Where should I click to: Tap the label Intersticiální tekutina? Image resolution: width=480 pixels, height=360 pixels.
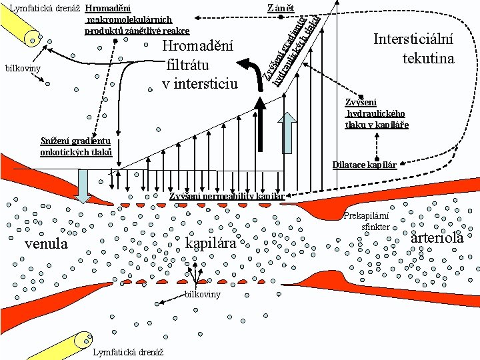pos(413,49)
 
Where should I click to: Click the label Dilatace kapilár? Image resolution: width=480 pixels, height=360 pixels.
pos(365,165)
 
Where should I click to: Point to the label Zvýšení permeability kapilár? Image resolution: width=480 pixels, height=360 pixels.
pos(227,196)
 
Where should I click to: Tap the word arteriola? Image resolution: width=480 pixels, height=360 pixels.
pos(437,238)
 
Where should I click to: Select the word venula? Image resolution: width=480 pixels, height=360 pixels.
pos(45,244)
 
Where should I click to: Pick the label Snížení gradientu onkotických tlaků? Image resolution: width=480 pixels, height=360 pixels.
pos(75,147)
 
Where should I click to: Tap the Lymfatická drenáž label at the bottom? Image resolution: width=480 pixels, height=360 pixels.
pos(129,352)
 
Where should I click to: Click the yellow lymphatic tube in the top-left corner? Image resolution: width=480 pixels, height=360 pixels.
pos(23,30)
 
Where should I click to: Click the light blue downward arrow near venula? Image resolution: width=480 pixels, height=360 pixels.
pos(83,185)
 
